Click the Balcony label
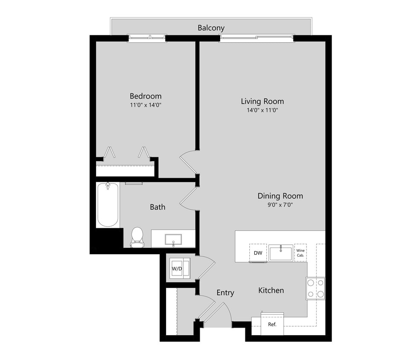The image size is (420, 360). click(x=211, y=28)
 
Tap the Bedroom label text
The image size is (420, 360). click(x=146, y=96)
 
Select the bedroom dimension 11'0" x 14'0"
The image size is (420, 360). click(x=146, y=105)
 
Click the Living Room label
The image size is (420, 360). click(x=262, y=101)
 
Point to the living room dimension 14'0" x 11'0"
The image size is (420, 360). click(x=262, y=110)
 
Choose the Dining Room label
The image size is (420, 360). click(x=280, y=196)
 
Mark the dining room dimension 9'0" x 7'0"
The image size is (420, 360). click(x=280, y=205)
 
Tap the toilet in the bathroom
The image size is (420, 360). click(x=137, y=237)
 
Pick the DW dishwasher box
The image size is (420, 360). click(x=258, y=253)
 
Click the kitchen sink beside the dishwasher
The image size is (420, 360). click(x=281, y=253)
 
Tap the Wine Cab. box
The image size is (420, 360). click(x=300, y=253)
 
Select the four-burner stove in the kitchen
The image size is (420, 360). click(x=315, y=288)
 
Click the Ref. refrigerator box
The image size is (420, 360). click(x=272, y=324)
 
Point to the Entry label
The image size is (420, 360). click(x=225, y=293)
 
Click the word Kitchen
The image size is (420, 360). click(x=271, y=290)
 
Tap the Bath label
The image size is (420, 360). click(x=157, y=207)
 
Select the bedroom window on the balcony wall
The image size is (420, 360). click(x=147, y=38)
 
